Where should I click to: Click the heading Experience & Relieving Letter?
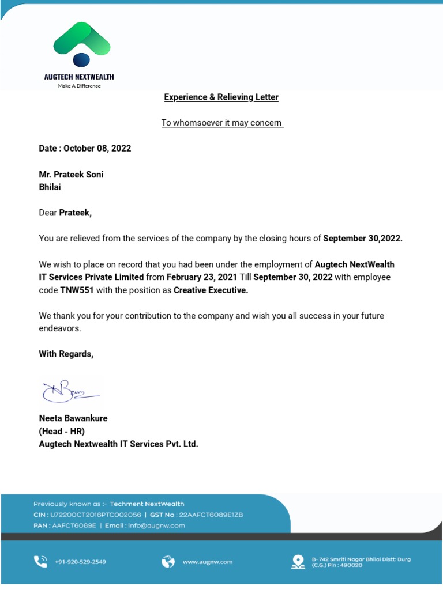pyautogui.click(x=221, y=97)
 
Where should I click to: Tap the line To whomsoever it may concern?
pyautogui.click(x=221, y=123)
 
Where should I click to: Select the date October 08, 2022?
pyautogui.click(x=97, y=148)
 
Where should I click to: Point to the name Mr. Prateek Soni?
pyautogui.click(x=71, y=175)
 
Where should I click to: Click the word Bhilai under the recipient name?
pyautogui.click(x=50, y=187)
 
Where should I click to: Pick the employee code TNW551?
pyautogui.click(x=77, y=290)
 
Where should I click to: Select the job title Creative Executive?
pyautogui.click(x=211, y=290)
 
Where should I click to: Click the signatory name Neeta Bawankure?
pyautogui.click(x=73, y=418)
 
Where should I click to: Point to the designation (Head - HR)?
pyautogui.click(x=62, y=431)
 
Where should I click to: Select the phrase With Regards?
pyautogui.click(x=66, y=354)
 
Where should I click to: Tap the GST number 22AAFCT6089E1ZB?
pyautogui.click(x=211, y=515)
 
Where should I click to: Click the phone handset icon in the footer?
pyautogui.click(x=40, y=561)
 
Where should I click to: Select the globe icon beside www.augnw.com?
pyautogui.click(x=168, y=561)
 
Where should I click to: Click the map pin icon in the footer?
pyautogui.click(x=298, y=561)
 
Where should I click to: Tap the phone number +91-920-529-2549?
pyautogui.click(x=80, y=562)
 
